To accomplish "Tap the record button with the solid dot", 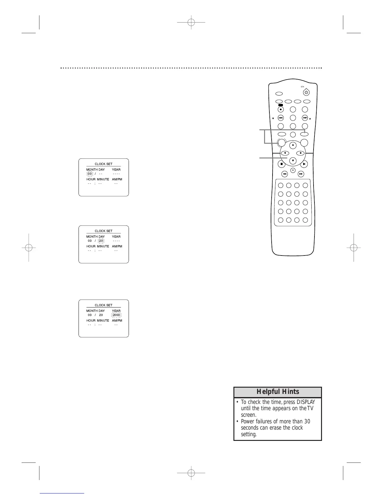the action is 281,110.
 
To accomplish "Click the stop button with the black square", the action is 281,164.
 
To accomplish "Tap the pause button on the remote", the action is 293,170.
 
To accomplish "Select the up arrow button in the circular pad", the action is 293,145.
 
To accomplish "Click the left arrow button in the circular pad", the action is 285,153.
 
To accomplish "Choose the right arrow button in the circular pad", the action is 300,153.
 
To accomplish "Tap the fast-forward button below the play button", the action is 301,174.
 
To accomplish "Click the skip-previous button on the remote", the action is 281,118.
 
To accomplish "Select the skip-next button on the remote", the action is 305,118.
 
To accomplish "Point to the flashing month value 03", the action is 90,174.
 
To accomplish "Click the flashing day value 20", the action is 101,241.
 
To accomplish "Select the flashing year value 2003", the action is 116,315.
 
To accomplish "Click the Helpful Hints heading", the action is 278,392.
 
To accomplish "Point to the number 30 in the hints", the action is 307,421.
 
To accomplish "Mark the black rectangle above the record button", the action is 281,106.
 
